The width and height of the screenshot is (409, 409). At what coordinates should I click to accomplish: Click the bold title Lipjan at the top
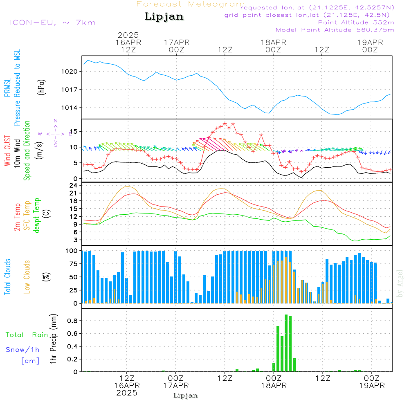[x=164, y=17]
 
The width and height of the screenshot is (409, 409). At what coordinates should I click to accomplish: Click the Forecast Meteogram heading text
[x=191, y=4]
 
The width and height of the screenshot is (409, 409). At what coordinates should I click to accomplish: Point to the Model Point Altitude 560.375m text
[x=335, y=30]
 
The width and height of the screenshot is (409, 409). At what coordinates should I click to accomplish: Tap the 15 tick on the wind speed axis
[x=76, y=131]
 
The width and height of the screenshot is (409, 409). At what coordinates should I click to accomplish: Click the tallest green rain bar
[x=286, y=343]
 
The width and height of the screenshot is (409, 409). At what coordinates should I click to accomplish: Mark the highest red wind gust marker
[x=225, y=123]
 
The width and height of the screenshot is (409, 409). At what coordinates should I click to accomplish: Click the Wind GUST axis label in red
[x=7, y=151]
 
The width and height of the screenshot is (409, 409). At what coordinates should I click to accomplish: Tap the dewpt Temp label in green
[x=37, y=216]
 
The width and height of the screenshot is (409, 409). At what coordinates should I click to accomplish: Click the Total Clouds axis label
[x=7, y=277]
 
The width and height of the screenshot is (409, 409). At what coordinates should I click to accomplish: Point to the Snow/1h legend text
[x=22, y=350]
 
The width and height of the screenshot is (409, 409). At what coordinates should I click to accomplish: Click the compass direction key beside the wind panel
[x=55, y=133]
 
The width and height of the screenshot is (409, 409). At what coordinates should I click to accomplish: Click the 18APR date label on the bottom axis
[x=273, y=386]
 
